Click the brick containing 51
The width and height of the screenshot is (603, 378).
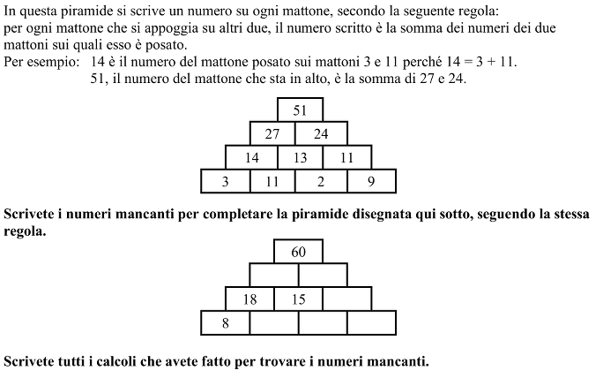pyautogui.click(x=300, y=110)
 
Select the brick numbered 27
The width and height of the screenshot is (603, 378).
pyautogui.click(x=272, y=133)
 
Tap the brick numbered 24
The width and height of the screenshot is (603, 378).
pyautogui.click(x=321, y=133)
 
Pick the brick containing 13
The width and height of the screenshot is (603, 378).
pyautogui.click(x=300, y=157)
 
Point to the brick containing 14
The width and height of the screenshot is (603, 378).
pyautogui.click(x=252, y=157)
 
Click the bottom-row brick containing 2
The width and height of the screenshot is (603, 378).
pyautogui.click(x=321, y=182)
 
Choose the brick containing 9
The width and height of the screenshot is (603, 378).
pyautogui.click(x=371, y=182)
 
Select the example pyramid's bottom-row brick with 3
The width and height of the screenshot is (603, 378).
pyautogui.click(x=226, y=182)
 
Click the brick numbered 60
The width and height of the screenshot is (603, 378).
pyautogui.click(x=299, y=252)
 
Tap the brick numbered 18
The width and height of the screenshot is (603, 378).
pyautogui.click(x=250, y=299)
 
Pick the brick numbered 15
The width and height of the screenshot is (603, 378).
pyautogui.click(x=299, y=299)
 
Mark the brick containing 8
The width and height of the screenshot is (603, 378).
pyautogui.click(x=226, y=323)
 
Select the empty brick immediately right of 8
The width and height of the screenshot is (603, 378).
pyautogui.click(x=274, y=323)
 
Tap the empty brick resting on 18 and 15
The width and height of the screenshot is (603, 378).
pyautogui.click(x=274, y=276)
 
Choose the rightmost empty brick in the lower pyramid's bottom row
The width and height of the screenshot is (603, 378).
pyautogui.click(x=371, y=323)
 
